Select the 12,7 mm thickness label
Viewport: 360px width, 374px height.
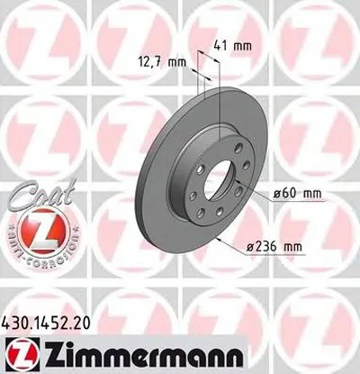pyautogui.click(x=166, y=62)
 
